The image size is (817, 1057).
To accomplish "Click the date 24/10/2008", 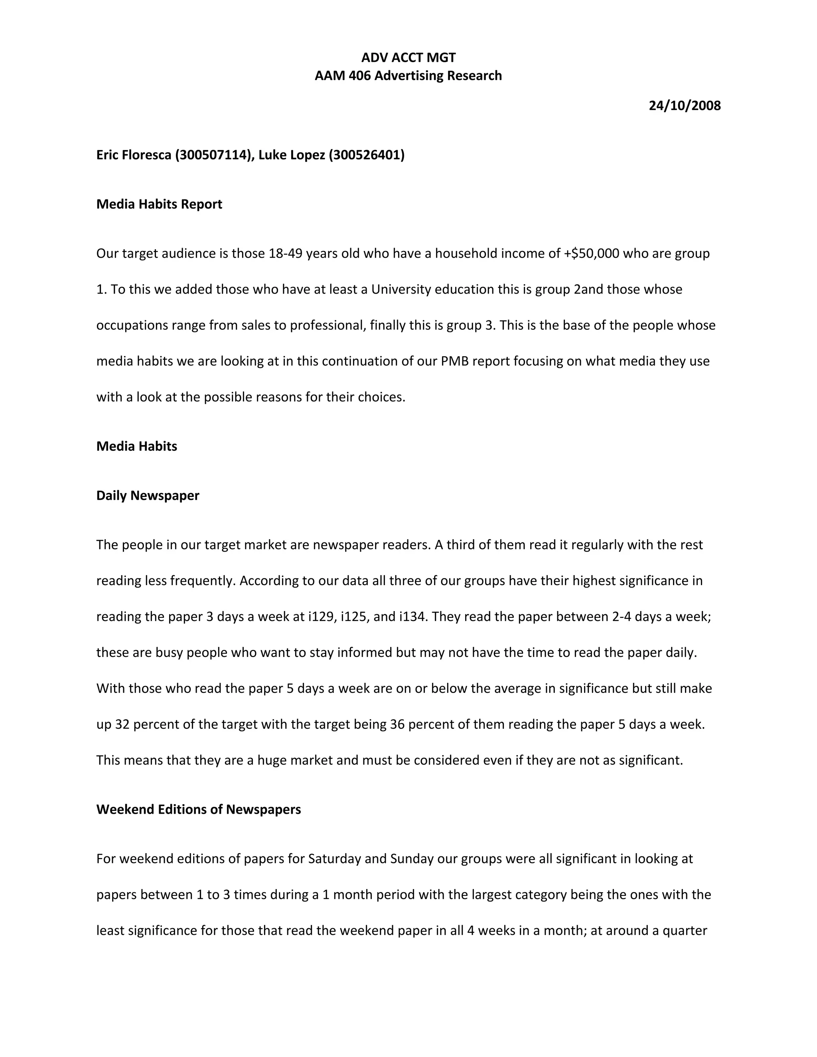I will [x=685, y=106].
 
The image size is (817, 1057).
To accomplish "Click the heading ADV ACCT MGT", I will [x=408, y=57].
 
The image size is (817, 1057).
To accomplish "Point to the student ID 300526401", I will [x=366, y=155].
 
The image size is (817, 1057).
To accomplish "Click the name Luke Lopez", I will [x=291, y=155].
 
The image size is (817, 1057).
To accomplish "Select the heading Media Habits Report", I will [x=159, y=204].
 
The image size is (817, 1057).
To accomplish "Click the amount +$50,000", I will [x=592, y=254].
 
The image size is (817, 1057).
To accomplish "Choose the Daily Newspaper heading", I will [x=148, y=495].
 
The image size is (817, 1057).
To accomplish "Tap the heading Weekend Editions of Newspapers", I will [x=198, y=809].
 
